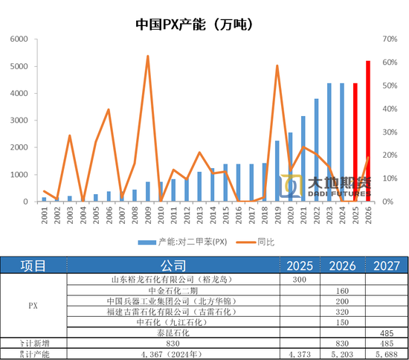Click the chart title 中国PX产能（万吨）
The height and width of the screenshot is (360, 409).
pyautogui.click(x=195, y=24)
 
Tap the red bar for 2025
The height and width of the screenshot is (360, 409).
pyautogui.click(x=355, y=142)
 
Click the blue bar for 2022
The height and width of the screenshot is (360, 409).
pyautogui.click(x=316, y=150)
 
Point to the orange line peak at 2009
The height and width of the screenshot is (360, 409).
pyautogui.click(x=147, y=56)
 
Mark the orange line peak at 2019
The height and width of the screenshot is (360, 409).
pyautogui.click(x=277, y=65)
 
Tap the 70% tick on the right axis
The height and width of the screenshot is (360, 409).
pyautogui.click(x=390, y=39)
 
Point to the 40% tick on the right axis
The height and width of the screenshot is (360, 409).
pyautogui.click(x=390, y=109)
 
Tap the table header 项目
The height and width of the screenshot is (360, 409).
pyautogui.click(x=33, y=266)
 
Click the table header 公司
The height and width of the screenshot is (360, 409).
pyautogui.click(x=173, y=266)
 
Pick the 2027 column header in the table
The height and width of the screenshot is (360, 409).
pyautogui.click(x=387, y=266)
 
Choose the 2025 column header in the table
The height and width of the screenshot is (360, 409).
pyautogui.click(x=300, y=266)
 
